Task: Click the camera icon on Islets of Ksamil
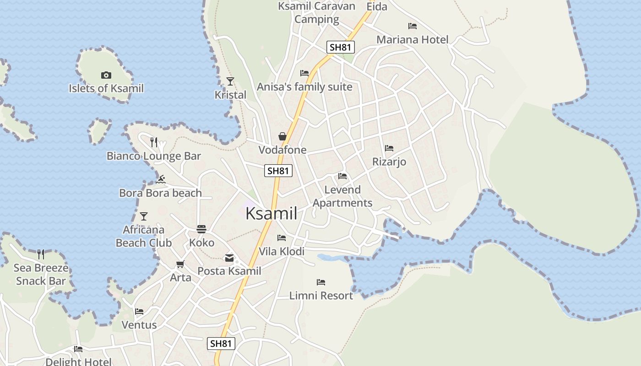106,75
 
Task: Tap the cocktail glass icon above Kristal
230,81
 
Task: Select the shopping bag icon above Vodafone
282,136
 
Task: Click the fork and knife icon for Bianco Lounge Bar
154,142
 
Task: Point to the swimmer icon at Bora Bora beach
160,179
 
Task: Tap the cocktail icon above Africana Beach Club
144,216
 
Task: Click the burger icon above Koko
201,229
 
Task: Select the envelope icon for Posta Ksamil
229,258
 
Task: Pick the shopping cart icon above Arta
180,264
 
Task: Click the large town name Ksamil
272,214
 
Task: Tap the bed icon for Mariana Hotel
413,26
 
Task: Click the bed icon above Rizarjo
389,148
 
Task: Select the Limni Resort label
321,296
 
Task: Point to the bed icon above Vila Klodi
282,238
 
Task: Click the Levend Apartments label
342,196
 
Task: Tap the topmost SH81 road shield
341,47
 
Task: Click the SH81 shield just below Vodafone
278,171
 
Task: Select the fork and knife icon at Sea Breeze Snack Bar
41,254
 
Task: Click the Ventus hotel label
139,325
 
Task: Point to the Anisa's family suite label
304,87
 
